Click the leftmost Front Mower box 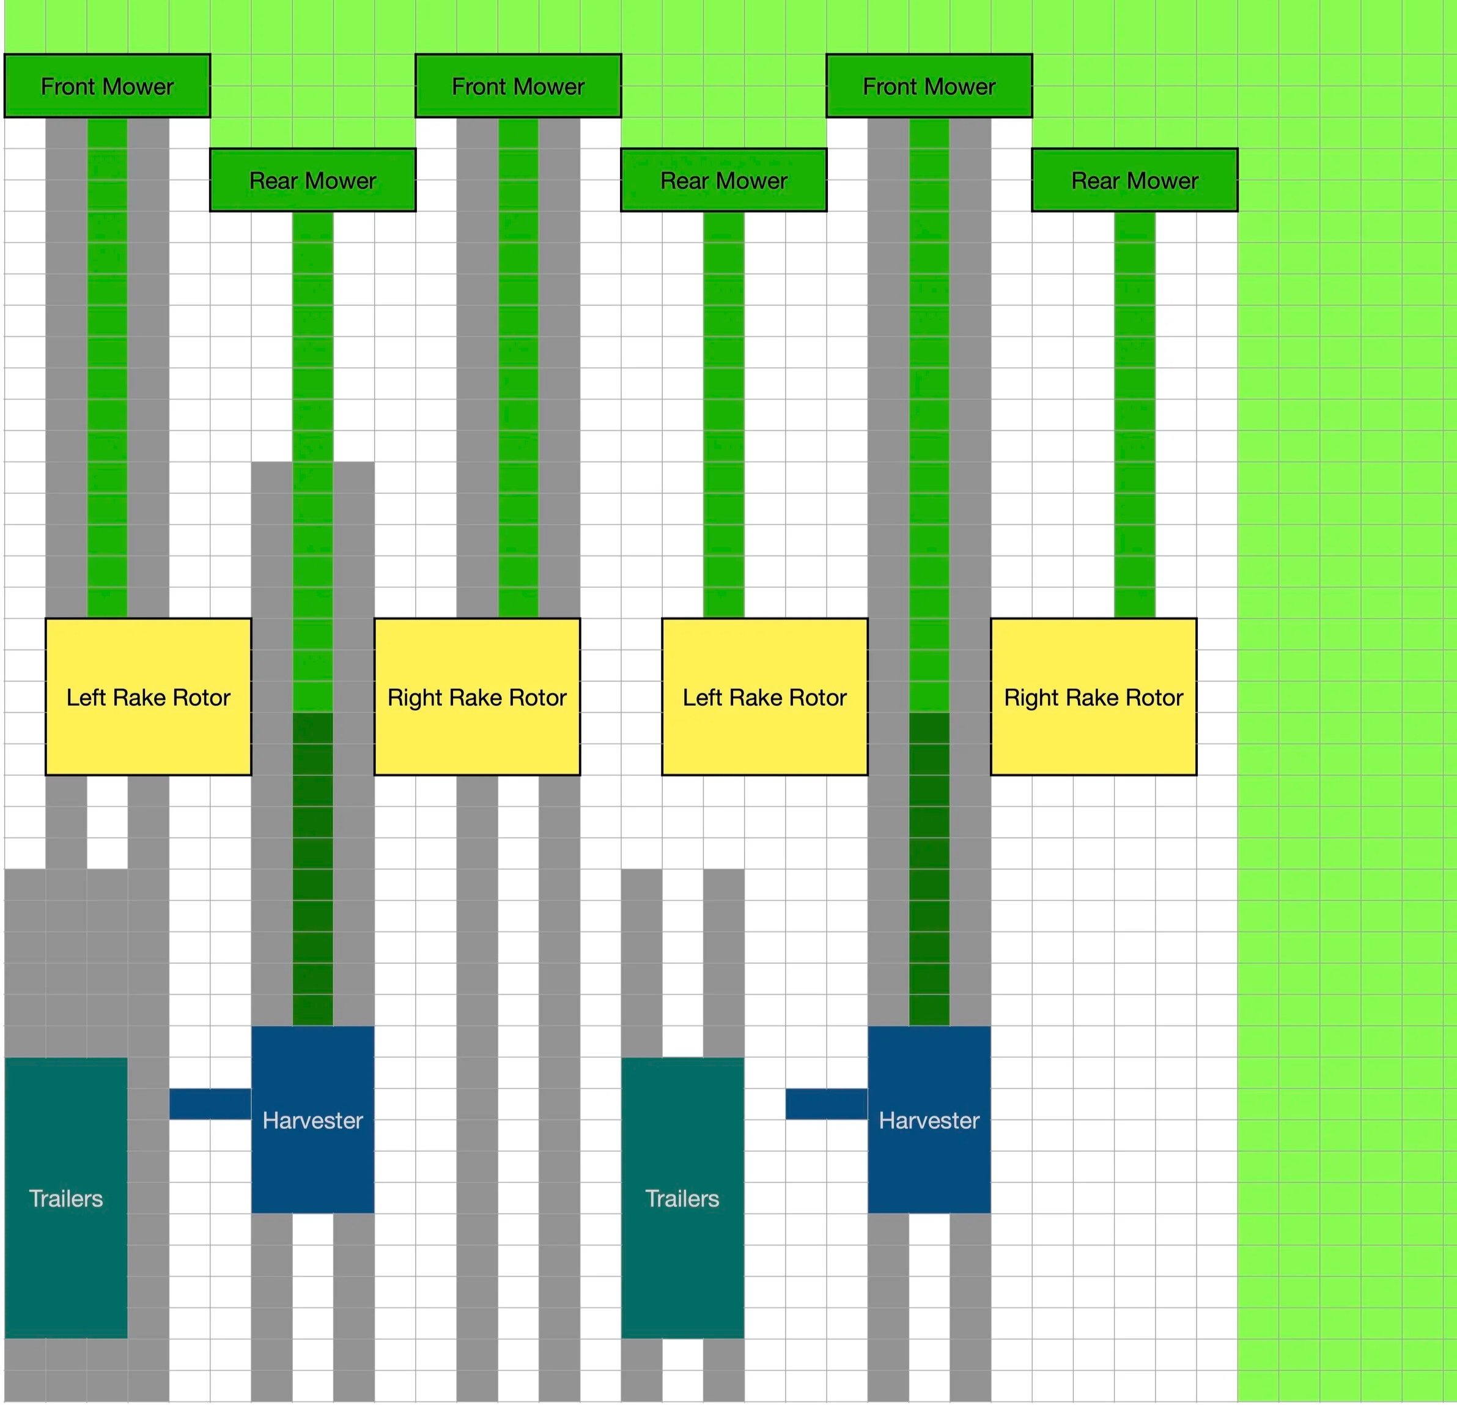[107, 86]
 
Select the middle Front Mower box [518, 86]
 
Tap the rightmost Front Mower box [929, 86]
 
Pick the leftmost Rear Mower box [313, 180]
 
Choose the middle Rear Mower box [723, 180]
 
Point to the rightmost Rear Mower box [1134, 180]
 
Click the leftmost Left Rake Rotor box [149, 696]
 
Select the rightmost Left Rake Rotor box [765, 696]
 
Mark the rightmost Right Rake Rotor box [1093, 696]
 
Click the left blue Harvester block [313, 1119]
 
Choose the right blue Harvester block [929, 1119]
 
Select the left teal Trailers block [66, 1198]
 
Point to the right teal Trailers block [682, 1198]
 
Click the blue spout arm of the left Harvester [210, 1104]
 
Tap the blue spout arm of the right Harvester [827, 1104]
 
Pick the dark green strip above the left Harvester [313, 869]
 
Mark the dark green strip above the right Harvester [929, 869]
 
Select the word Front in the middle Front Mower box [479, 86]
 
